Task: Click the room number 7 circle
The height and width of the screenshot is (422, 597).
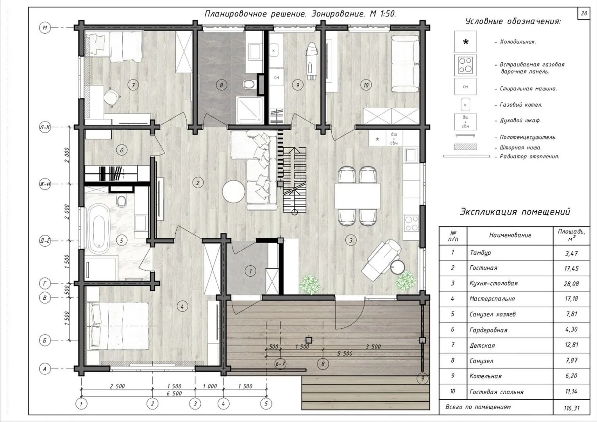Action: pyautogui.click(x=133, y=85)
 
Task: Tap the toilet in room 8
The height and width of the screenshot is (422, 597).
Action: pyautogui.click(x=249, y=84)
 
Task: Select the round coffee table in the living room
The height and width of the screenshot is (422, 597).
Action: pyautogui.click(x=234, y=191)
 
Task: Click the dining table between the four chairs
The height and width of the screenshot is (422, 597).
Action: pyautogui.click(x=357, y=196)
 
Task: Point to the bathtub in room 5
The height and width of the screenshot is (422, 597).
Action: pyautogui.click(x=99, y=229)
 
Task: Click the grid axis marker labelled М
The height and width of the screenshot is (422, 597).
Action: pyautogui.click(x=45, y=28)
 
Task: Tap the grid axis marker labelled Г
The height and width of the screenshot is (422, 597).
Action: pyautogui.click(x=45, y=283)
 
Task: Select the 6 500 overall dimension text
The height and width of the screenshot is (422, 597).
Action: pyautogui.click(x=174, y=393)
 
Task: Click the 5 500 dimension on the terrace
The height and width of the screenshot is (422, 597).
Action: pyautogui.click(x=345, y=354)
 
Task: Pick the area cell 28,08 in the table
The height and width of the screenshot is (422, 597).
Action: pyautogui.click(x=571, y=284)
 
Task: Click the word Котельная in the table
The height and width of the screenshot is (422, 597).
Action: pyautogui.click(x=485, y=376)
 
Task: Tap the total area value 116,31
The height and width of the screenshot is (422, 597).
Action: pyautogui.click(x=572, y=408)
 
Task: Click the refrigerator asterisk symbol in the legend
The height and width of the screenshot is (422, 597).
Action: pyautogui.click(x=465, y=41)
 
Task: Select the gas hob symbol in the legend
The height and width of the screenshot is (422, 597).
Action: pyautogui.click(x=465, y=66)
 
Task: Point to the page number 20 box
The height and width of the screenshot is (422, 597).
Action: pyautogui.click(x=584, y=14)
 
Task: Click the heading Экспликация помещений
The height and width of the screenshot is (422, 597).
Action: pyautogui.click(x=515, y=212)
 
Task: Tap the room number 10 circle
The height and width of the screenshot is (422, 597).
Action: pyautogui.click(x=366, y=85)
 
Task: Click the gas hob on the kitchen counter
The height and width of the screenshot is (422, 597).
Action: pyautogui.click(x=411, y=224)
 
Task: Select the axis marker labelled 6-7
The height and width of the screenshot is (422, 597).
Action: pyautogui.click(x=281, y=364)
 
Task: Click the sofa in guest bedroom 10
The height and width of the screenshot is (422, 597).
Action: pyautogui.click(x=405, y=64)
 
